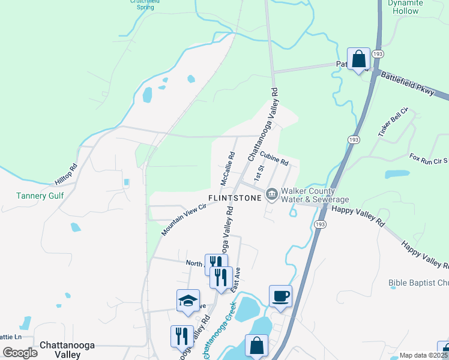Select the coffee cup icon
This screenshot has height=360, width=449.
[x=280, y=296]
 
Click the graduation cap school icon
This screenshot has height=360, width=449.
[x=188, y=301]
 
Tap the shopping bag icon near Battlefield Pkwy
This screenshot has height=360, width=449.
[x=359, y=59]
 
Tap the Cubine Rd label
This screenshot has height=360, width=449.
[x=275, y=158]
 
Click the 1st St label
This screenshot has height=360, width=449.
[x=258, y=173]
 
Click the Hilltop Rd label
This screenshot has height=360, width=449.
[x=66, y=175]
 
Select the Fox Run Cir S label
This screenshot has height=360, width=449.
[x=429, y=159]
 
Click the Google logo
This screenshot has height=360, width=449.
[x=20, y=353]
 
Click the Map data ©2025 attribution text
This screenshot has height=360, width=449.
[x=423, y=355]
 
